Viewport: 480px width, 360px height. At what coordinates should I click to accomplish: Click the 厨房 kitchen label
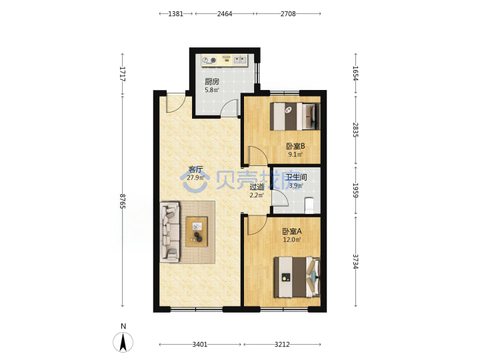click(x=212, y=82)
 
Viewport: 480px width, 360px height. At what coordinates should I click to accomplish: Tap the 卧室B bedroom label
click(x=295, y=146)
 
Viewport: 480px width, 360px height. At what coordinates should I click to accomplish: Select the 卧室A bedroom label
click(x=292, y=231)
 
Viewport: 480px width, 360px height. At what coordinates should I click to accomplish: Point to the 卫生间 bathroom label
click(x=296, y=177)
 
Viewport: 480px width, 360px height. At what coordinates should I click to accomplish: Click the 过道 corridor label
click(x=257, y=187)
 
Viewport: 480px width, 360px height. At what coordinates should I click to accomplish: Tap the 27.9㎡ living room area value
click(x=195, y=177)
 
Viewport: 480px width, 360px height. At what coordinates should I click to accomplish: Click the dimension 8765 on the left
click(x=123, y=201)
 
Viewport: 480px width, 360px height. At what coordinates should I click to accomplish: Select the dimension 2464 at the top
click(x=225, y=14)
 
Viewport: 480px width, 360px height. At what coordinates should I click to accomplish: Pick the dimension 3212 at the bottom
click(x=282, y=345)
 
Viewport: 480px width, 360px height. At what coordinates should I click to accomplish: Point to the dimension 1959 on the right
click(x=355, y=190)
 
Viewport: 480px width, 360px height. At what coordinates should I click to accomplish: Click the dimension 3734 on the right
click(x=355, y=261)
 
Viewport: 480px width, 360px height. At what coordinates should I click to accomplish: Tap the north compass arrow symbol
click(x=123, y=342)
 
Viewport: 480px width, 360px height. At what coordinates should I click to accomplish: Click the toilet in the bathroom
click(x=310, y=205)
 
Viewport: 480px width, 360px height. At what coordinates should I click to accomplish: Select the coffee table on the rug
click(x=197, y=231)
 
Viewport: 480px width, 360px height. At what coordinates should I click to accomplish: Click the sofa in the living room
click(x=170, y=232)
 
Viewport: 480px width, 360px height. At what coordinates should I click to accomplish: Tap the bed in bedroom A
click(x=297, y=277)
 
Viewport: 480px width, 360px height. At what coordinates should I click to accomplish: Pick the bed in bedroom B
click(x=295, y=116)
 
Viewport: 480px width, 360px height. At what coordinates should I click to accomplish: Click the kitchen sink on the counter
click(x=240, y=60)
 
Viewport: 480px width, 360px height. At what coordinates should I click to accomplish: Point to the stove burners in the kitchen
click(x=209, y=60)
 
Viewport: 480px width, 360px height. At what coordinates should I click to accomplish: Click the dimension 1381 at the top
click(x=176, y=14)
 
